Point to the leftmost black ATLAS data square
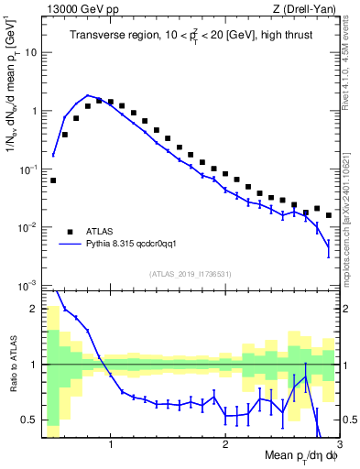click(x=53, y=180)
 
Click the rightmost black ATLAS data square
click(x=328, y=215)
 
